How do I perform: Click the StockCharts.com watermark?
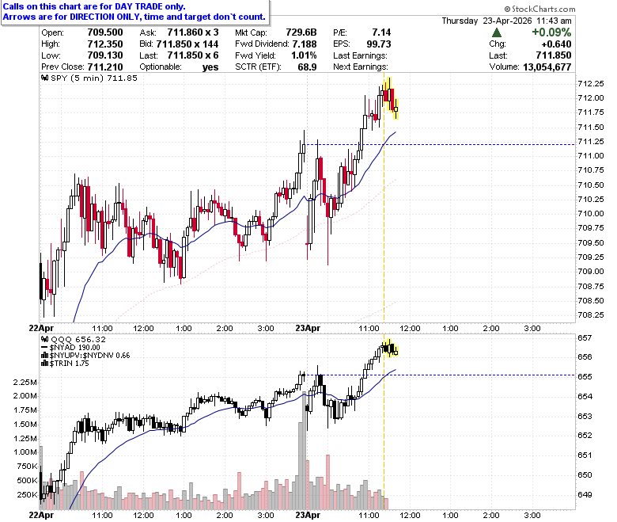tap(539, 9)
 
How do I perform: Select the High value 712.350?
tap(105, 44)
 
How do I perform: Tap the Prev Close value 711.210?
tap(105, 67)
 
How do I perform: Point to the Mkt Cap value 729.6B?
tap(301, 32)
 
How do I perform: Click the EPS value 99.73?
tap(379, 44)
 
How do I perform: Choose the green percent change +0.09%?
tap(551, 32)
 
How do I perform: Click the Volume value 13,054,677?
tap(547, 67)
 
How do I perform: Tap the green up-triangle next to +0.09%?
tap(497, 32)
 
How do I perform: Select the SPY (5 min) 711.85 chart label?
tap(89, 78)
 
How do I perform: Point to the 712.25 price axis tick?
tap(591, 83)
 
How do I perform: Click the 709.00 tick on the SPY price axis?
tap(591, 272)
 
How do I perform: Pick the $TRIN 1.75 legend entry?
tap(65, 364)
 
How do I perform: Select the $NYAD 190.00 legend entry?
tap(70, 348)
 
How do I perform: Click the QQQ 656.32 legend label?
tap(74, 340)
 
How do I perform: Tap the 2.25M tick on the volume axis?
tap(25, 382)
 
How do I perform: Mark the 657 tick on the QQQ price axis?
tap(585, 338)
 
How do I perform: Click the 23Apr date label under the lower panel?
tap(308, 515)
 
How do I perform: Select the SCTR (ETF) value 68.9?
tap(307, 67)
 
